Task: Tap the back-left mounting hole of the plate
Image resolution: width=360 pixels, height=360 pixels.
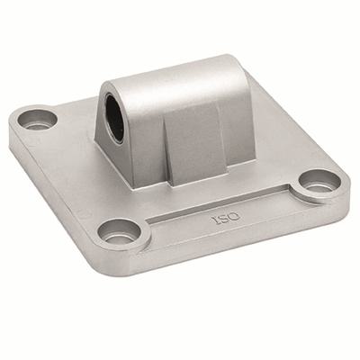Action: pos(37,121)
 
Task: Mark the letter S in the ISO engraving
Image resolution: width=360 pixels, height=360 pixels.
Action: pos(220,218)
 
